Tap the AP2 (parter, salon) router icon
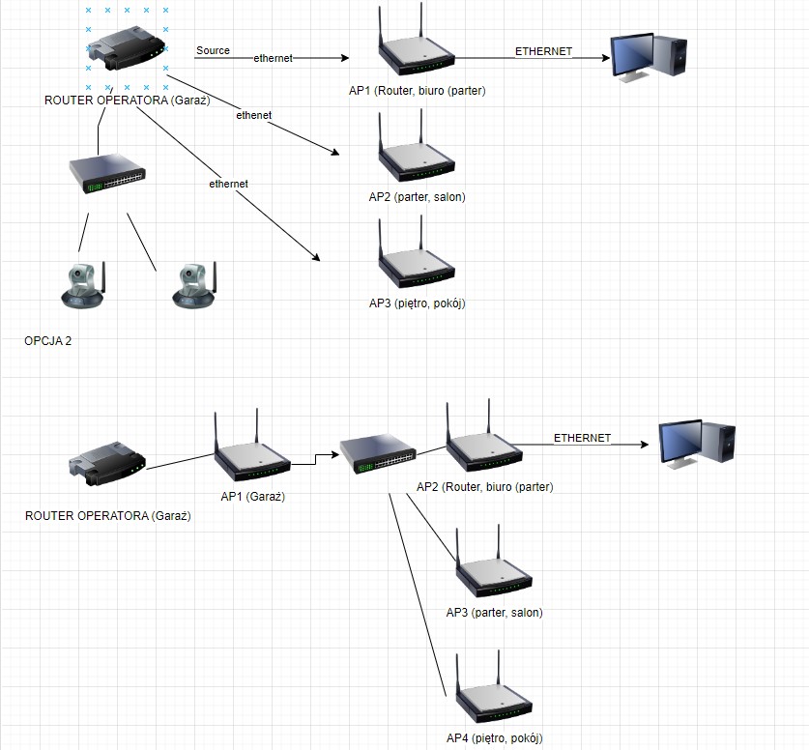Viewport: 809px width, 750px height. (x=415, y=159)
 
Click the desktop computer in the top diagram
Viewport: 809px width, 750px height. (x=649, y=57)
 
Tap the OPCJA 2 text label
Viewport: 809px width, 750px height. (x=48, y=341)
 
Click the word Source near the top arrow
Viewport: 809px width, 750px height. (x=213, y=50)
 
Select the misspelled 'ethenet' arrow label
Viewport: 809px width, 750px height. (x=253, y=115)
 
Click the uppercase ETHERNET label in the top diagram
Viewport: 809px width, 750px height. (x=542, y=51)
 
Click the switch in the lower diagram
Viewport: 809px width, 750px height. (x=378, y=454)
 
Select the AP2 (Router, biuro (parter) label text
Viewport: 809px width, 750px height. (x=484, y=486)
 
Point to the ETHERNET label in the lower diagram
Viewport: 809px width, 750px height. (x=582, y=438)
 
